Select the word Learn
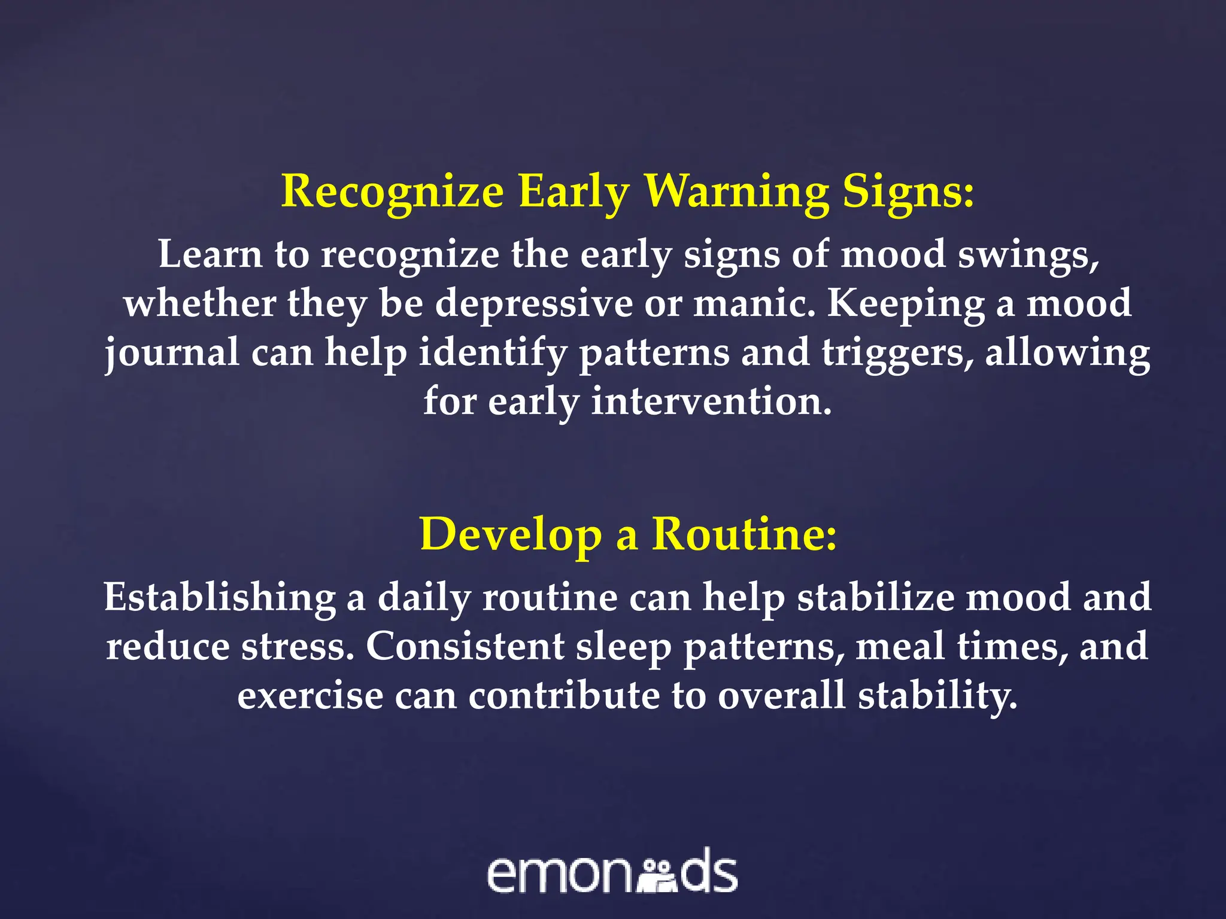[x=210, y=254]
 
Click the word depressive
[x=533, y=303]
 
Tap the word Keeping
[x=906, y=305]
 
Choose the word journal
[x=172, y=353]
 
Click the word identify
[x=492, y=353]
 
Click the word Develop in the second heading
[x=511, y=534]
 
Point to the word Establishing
[x=219, y=598]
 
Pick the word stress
[x=298, y=647]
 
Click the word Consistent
[x=465, y=647]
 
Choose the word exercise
[x=310, y=696]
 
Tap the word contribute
[x=564, y=696]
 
